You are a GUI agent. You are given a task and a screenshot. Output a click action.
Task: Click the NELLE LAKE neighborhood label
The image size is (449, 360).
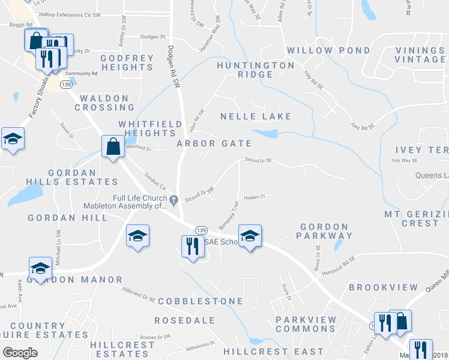point(256,116)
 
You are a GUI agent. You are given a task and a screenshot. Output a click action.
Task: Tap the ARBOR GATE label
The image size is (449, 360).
point(214,143)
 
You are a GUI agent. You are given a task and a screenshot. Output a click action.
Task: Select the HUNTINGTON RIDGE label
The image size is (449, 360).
point(256,70)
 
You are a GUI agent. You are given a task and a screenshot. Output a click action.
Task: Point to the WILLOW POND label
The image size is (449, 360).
point(318,50)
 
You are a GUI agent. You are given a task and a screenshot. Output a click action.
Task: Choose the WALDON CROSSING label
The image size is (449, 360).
point(104,103)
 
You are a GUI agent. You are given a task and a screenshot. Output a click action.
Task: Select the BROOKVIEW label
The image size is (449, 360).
point(384,288)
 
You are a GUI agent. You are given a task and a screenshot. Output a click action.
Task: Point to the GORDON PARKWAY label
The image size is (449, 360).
point(324,231)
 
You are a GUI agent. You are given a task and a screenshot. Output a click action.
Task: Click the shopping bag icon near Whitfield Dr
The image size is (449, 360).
point(113,146)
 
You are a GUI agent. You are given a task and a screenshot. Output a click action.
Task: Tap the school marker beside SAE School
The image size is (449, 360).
point(250,236)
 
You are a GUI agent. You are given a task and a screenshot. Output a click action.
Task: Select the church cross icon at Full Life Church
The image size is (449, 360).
point(174,200)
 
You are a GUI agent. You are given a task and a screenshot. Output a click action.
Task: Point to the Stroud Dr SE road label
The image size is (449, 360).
point(258,160)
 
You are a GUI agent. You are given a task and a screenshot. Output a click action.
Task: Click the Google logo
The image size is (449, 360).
point(20,353)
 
